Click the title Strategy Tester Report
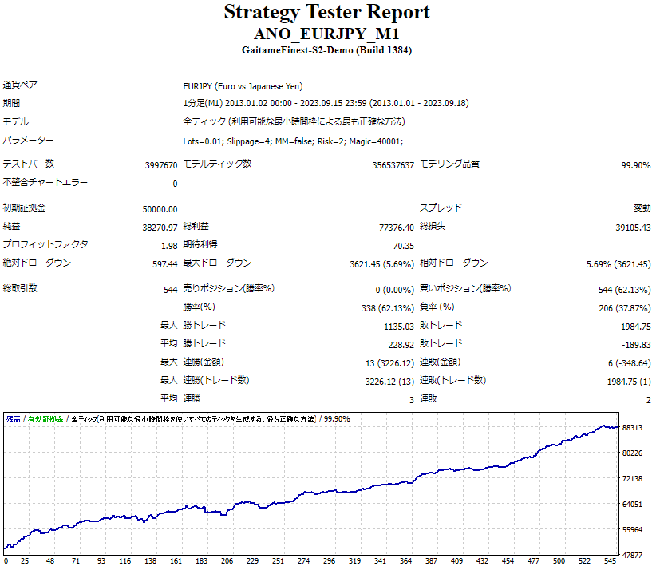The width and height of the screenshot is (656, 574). pyautogui.click(x=326, y=12)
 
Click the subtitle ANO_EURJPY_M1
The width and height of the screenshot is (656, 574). pyautogui.click(x=326, y=34)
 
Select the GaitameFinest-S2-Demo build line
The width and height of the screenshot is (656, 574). pyautogui.click(x=326, y=50)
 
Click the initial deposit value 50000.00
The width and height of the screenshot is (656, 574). pyautogui.click(x=160, y=208)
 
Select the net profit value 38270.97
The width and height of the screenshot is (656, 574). pyautogui.click(x=160, y=227)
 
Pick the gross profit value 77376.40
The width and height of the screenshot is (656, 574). pyautogui.click(x=396, y=227)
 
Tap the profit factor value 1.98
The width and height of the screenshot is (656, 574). pyautogui.click(x=168, y=245)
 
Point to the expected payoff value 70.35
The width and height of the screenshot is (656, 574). pyautogui.click(x=403, y=245)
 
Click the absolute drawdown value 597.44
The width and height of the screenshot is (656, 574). pyautogui.click(x=164, y=264)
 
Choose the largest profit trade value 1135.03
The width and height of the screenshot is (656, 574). pyautogui.click(x=398, y=326)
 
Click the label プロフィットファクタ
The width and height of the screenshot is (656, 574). pyautogui.click(x=45, y=245)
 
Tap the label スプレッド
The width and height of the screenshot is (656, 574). pyautogui.click(x=441, y=208)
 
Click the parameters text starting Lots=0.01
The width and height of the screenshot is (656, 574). pyautogui.click(x=293, y=141)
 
